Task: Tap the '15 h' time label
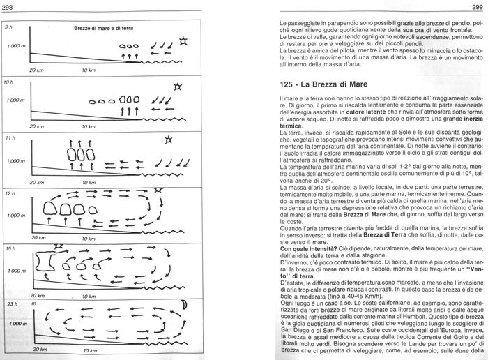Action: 9,248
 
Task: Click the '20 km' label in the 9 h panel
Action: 37,71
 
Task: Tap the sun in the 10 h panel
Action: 178,87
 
